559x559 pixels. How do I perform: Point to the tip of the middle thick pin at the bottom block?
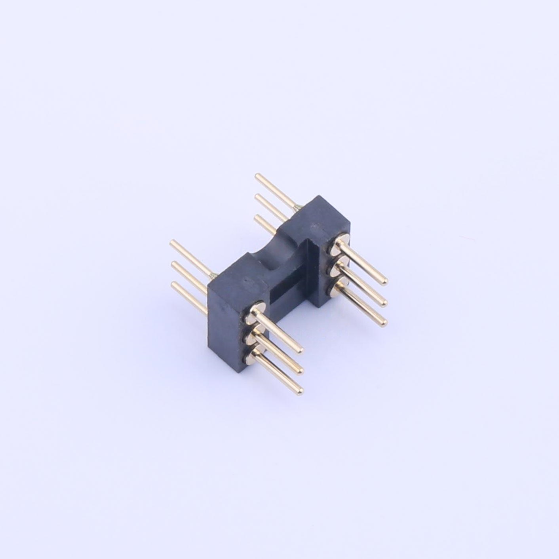(x=299, y=371)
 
